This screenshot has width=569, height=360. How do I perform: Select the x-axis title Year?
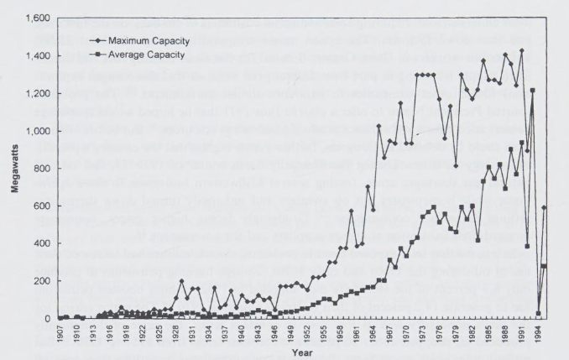click(301, 352)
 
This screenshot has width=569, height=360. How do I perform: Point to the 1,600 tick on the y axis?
click(37, 18)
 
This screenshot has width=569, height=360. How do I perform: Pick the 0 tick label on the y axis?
click(47, 319)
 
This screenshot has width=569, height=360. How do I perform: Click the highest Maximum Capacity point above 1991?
click(521, 50)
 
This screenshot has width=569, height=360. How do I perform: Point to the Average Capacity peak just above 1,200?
click(532, 90)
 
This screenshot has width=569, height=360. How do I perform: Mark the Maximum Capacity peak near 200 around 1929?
click(181, 281)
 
